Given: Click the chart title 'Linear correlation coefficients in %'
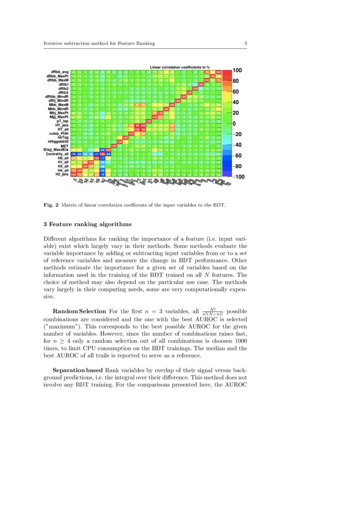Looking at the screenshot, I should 180,67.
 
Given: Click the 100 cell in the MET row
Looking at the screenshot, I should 114,146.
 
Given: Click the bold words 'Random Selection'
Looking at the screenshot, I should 79,311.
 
